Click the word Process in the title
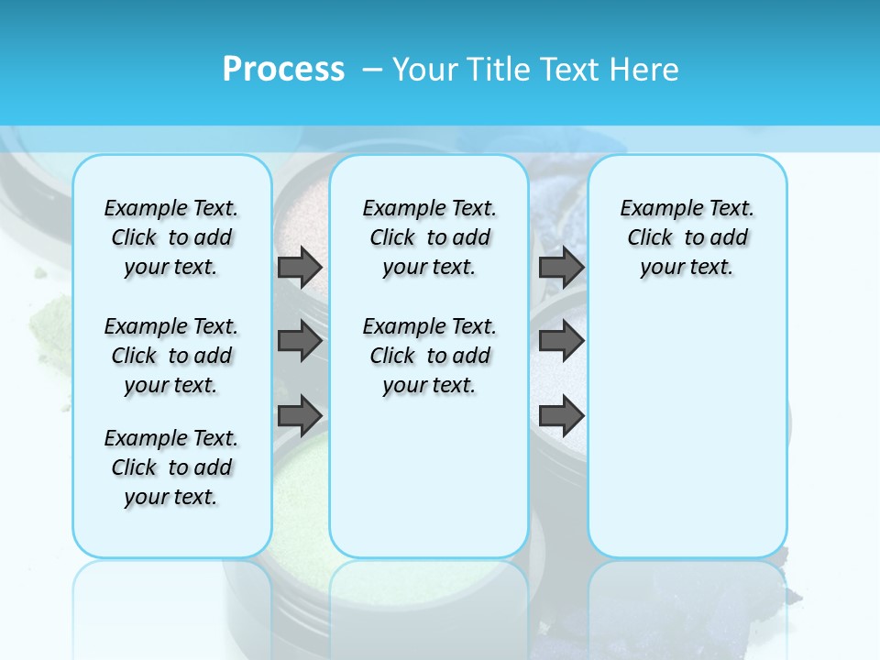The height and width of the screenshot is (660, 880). coord(283,69)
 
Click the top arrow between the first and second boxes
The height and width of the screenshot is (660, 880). coord(300,268)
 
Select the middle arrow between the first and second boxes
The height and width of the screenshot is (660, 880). coord(300,342)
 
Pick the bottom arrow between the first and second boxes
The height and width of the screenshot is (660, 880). coord(300,416)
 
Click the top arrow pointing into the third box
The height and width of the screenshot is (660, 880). coord(561,268)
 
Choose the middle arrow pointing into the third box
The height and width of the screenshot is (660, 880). coord(561,342)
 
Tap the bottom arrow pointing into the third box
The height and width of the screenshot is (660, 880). coord(561,416)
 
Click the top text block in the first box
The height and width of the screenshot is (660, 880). coord(171,237)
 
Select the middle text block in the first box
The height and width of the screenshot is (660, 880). coord(171,356)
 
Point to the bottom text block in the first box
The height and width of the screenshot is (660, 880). coord(171,467)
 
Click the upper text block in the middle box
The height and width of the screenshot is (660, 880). coord(429,237)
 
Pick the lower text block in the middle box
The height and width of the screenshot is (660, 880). coord(429,356)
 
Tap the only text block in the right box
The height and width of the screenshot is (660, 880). coord(687,237)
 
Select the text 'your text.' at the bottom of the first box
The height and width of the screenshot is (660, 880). coord(171,497)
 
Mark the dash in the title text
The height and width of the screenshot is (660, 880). coord(372,70)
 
